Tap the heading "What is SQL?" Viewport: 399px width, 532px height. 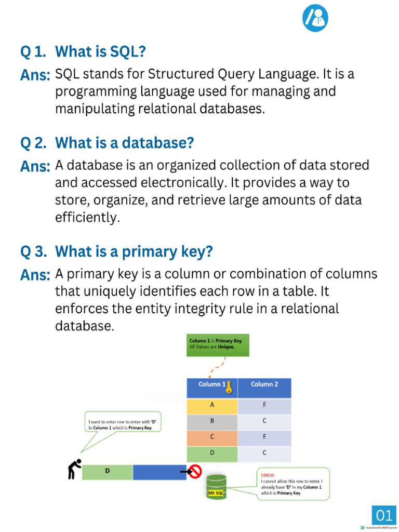coord(100,51)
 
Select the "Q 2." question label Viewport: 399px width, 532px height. coord(34,142)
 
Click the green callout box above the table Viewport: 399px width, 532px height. coord(218,344)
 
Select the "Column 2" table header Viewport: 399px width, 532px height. coord(264,384)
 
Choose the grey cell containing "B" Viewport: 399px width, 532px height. coord(212,421)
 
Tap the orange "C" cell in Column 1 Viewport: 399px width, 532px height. coord(212,437)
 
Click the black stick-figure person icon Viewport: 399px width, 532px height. coord(75,468)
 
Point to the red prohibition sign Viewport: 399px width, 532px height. coord(195,471)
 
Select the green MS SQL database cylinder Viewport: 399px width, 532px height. coord(216,487)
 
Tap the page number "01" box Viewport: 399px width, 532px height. coord(384,515)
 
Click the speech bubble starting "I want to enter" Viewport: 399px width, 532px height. coord(123,422)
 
